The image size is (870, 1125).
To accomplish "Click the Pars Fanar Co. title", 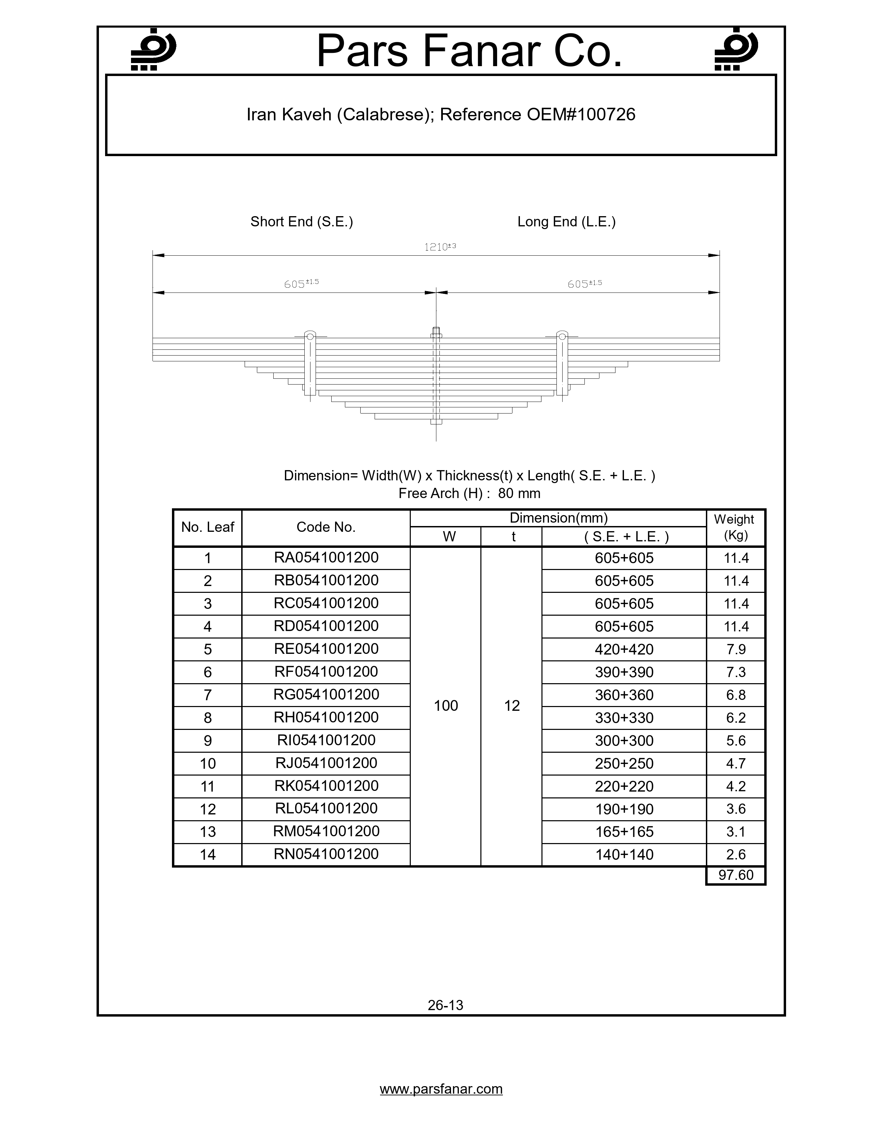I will pos(469,51).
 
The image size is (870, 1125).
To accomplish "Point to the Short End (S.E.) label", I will pos(302,222).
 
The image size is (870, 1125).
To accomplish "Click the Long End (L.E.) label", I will pos(566,222).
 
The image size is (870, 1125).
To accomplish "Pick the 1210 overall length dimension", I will pos(440,247).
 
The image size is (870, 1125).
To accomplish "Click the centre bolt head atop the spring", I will pos(436,332).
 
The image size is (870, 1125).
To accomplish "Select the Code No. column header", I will pos(326,527).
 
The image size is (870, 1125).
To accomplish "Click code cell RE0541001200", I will pos(326,648).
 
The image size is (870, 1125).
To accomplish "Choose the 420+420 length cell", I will pos(624,649).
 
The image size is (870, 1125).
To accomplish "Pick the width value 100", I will pos(446,706).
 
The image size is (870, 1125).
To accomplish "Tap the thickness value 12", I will pos(512,706).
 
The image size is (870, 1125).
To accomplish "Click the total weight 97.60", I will pos(736,875).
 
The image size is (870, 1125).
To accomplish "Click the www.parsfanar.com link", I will pos(441,1089).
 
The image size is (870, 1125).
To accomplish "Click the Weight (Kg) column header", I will pos(735,527).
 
